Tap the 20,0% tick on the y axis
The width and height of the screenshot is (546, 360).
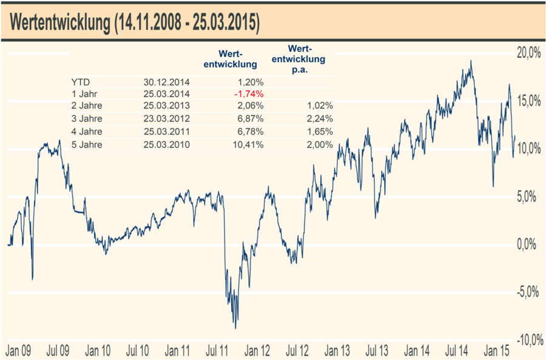[x=525, y=53]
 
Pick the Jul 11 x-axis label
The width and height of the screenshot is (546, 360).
[x=217, y=350]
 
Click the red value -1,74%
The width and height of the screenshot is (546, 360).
[x=248, y=94]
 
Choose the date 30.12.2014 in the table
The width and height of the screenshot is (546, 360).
[x=167, y=81]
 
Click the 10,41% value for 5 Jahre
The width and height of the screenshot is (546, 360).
[x=248, y=144]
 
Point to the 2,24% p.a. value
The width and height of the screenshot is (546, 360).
[x=319, y=120]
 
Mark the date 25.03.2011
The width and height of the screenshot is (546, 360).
[x=167, y=132]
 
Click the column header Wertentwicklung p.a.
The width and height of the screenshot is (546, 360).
[x=306, y=58]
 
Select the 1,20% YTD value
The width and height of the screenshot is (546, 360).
[x=250, y=81]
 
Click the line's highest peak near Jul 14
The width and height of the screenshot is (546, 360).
[x=471, y=61]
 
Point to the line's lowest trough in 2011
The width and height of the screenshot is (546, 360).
[x=235, y=328]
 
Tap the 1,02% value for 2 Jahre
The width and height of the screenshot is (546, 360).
[x=319, y=107]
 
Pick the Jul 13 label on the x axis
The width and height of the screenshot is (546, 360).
[x=377, y=350]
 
